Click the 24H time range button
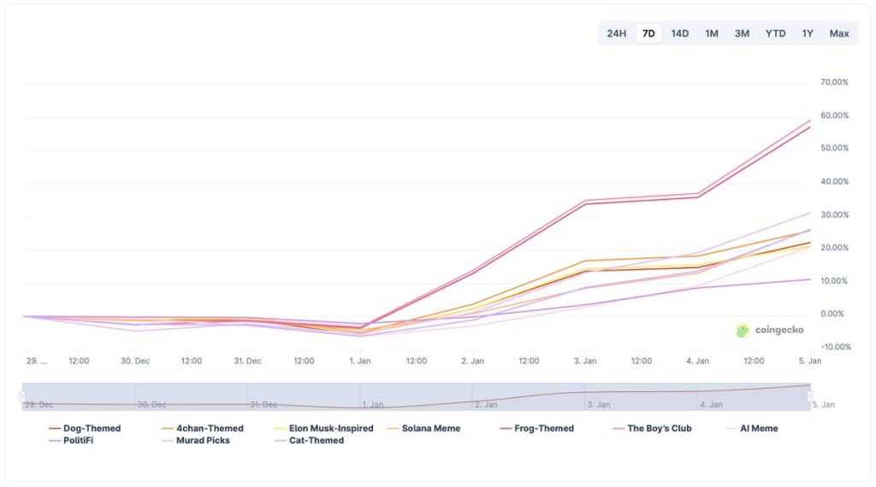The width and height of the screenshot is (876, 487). pos(617,33)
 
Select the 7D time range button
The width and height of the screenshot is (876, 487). pos(648,33)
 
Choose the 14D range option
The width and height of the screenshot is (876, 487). pos(680,33)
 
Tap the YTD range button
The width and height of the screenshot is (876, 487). pos(775,33)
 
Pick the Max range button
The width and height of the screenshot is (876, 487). pos(839,33)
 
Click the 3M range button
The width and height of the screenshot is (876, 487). pos(742,33)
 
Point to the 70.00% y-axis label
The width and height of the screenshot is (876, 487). pos(834,82)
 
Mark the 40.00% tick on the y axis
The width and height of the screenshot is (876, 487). pos(834,181)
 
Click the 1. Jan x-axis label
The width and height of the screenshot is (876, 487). pos(360,361)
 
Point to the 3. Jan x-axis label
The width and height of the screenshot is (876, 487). pos(585,361)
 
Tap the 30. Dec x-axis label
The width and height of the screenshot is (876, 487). pos(135,361)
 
